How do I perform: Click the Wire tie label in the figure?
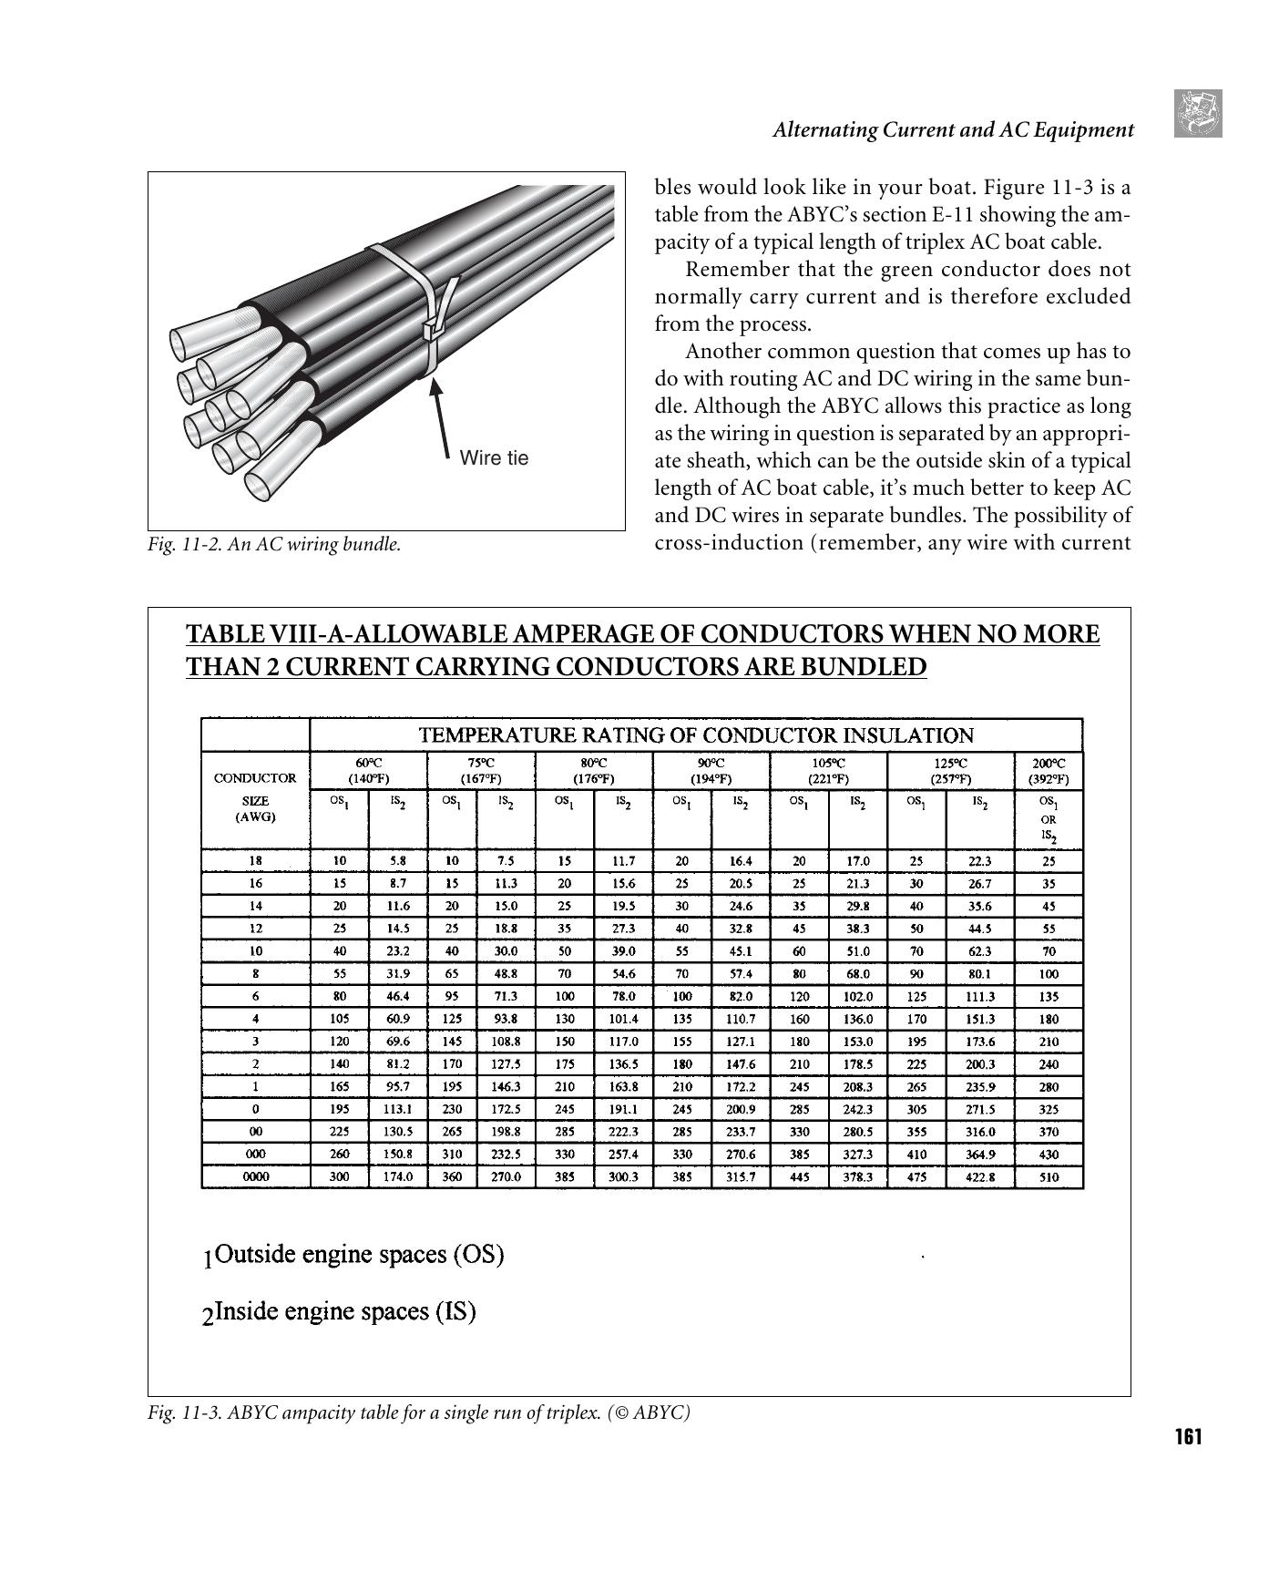(x=494, y=457)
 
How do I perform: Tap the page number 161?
(x=1188, y=1437)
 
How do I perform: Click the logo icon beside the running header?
(x=1198, y=114)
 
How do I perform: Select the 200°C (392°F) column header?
(x=1049, y=770)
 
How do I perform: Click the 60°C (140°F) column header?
(x=368, y=770)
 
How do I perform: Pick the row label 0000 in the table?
(x=255, y=1176)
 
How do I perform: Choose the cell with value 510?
(x=1049, y=1176)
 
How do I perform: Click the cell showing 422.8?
(x=979, y=1176)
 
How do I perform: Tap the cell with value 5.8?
(x=397, y=860)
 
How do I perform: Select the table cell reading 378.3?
(x=857, y=1176)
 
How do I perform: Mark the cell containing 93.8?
(x=506, y=1019)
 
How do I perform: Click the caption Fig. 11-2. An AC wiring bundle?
(x=274, y=545)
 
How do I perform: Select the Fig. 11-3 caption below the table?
(x=419, y=1412)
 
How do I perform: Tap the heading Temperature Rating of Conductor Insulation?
(x=695, y=734)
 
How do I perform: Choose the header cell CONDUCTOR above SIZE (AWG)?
(x=255, y=778)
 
